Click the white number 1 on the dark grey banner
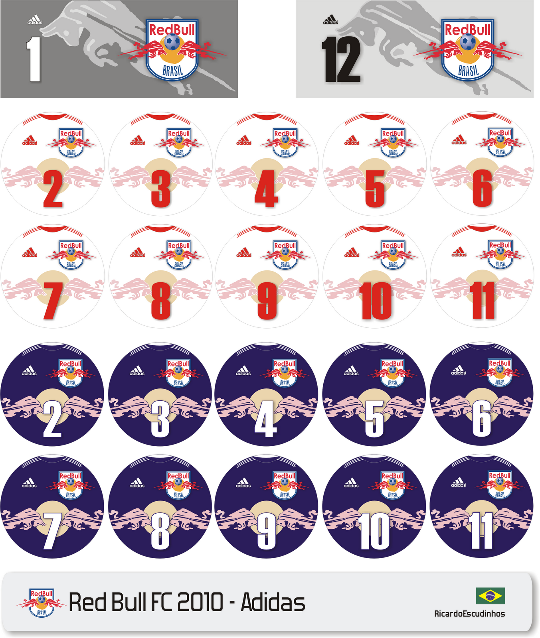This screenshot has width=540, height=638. (x=34, y=59)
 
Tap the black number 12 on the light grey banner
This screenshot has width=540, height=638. (x=341, y=59)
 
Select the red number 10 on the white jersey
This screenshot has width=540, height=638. (x=375, y=301)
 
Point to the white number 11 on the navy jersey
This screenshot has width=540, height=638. (x=482, y=530)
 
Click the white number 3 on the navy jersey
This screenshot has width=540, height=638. (x=160, y=419)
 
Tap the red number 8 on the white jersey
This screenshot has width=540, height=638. (x=160, y=301)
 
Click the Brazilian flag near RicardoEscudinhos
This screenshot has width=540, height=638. (x=490, y=596)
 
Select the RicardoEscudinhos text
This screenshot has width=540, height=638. (x=469, y=614)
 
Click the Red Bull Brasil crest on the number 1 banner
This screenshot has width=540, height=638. (x=172, y=49)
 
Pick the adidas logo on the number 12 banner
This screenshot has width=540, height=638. (x=330, y=20)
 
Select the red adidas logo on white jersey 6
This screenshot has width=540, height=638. (x=459, y=140)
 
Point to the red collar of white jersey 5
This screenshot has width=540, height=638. (x=375, y=116)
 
